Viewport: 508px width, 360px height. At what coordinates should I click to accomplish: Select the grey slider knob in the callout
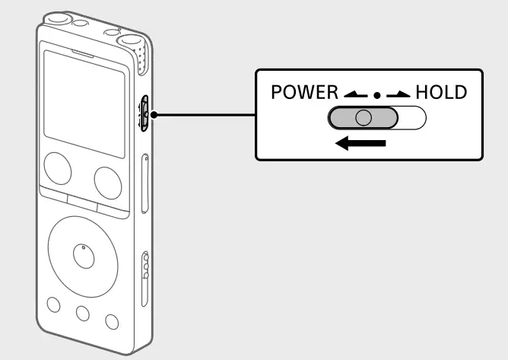tap(364, 118)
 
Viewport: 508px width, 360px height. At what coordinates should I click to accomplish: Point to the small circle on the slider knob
tap(364, 118)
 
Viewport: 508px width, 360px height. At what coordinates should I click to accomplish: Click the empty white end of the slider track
tap(412, 118)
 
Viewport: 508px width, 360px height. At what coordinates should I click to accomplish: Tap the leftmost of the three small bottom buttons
tap(53, 305)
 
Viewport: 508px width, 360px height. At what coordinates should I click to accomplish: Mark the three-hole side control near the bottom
tap(147, 269)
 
